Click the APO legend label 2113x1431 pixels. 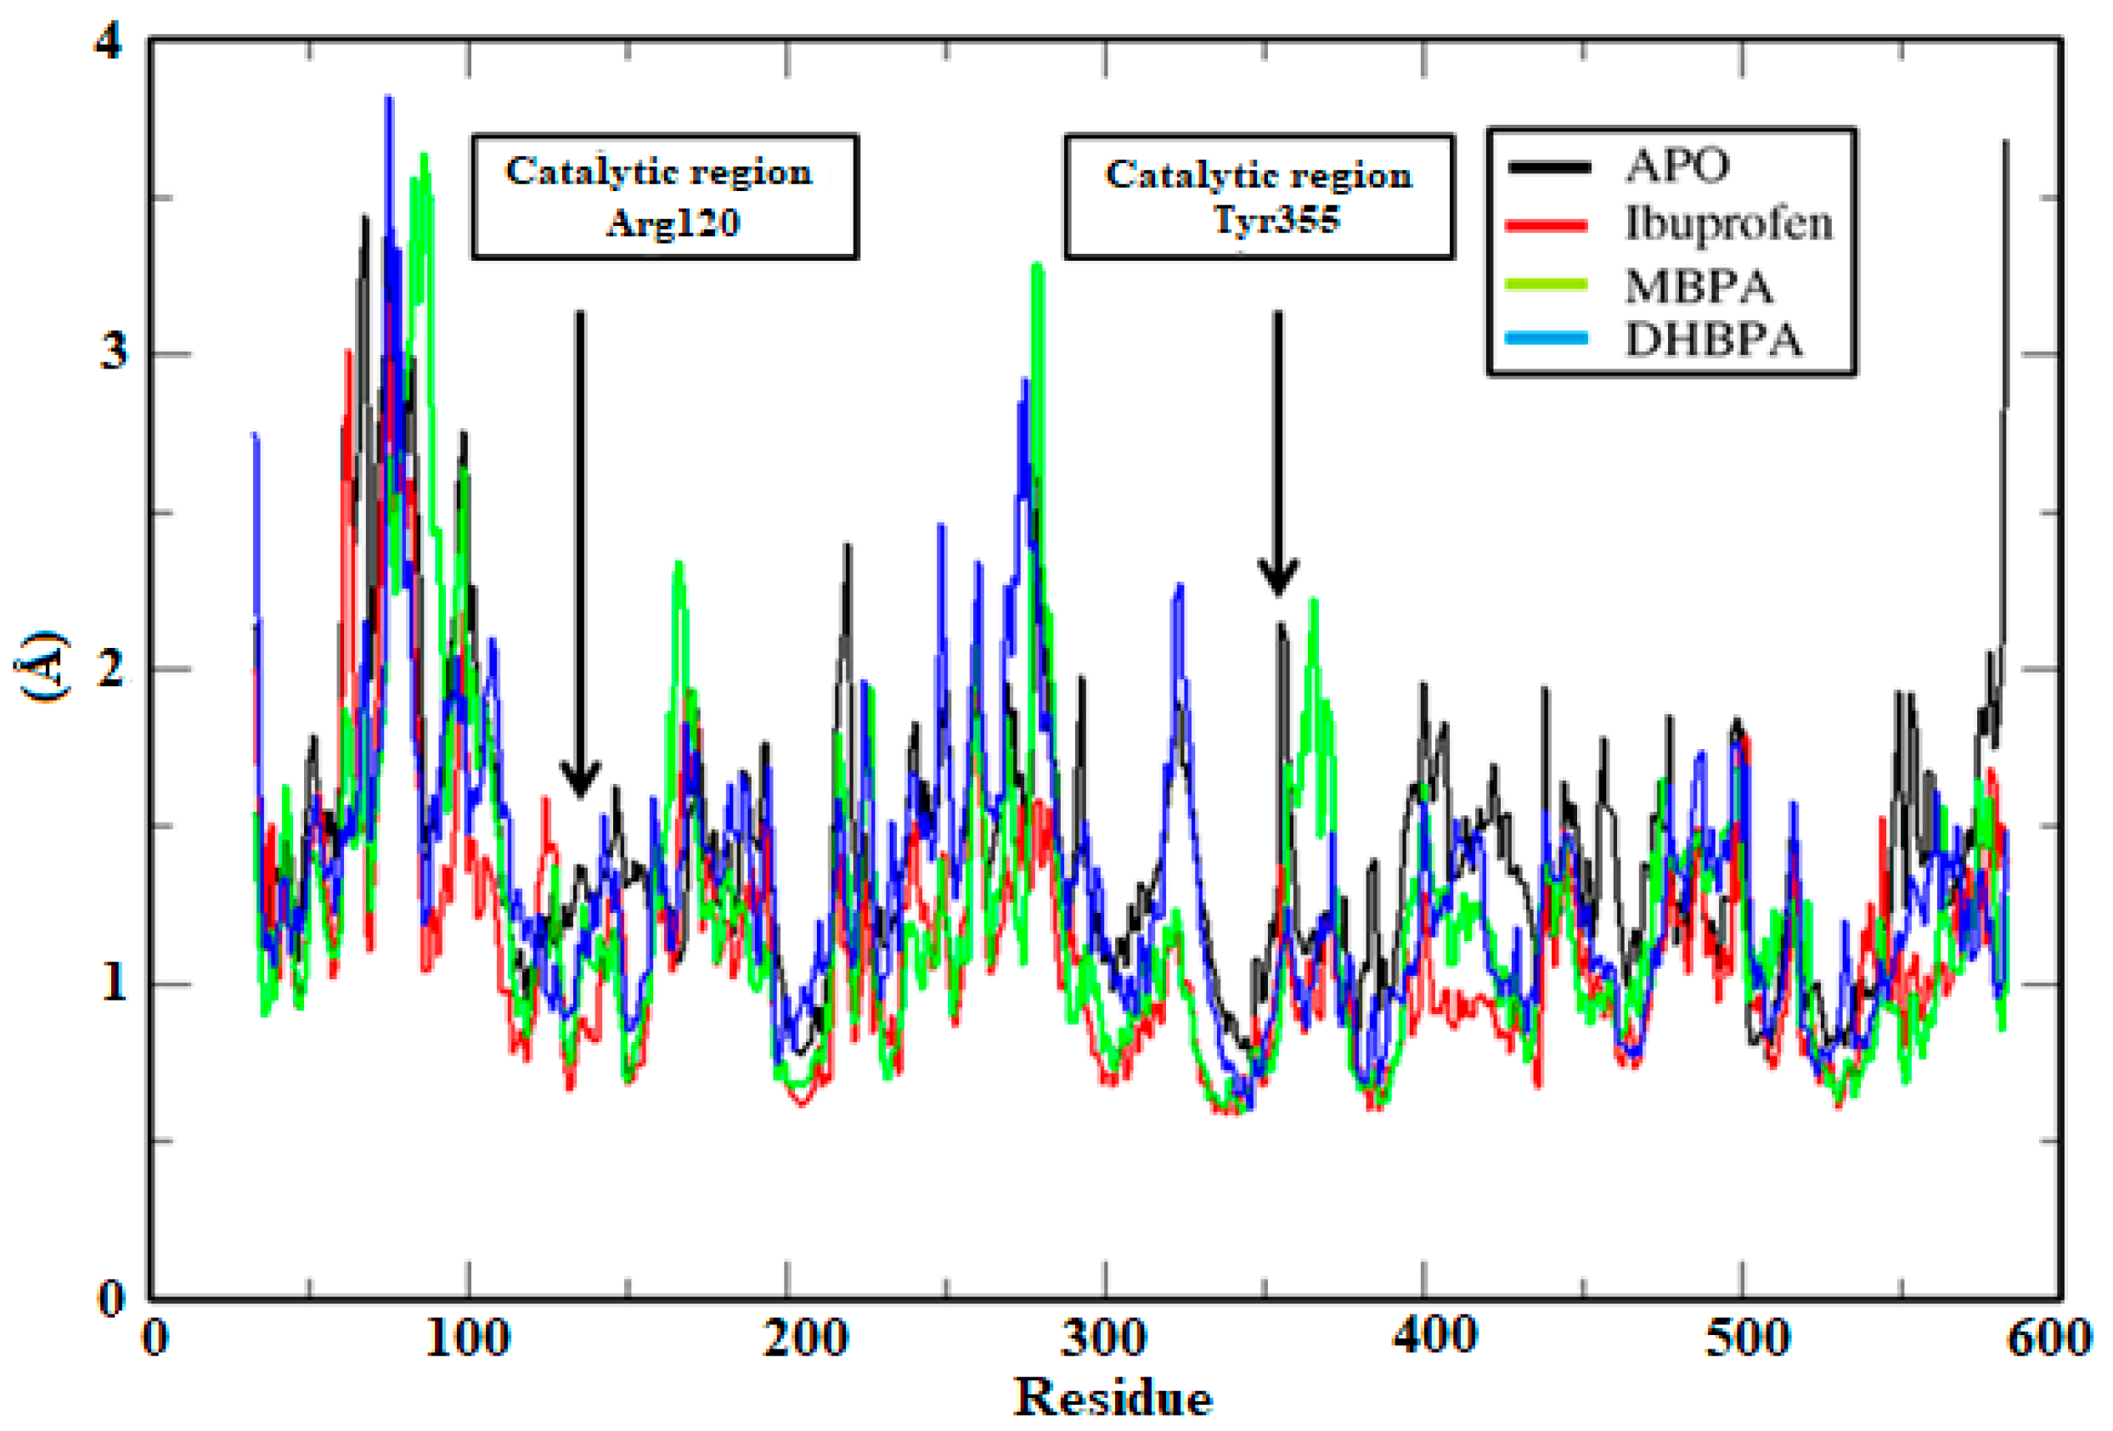1676,166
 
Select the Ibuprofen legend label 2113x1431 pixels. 1728,223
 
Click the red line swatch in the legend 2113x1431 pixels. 1547,225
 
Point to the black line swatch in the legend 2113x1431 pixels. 1547,167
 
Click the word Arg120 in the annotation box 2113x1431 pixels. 672,222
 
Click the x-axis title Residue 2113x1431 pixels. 1112,1395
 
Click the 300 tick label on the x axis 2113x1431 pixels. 1104,1338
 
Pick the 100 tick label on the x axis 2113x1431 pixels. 467,1338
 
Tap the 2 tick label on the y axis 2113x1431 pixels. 111,671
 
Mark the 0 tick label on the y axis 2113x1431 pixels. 110,1298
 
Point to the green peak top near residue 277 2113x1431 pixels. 1038,267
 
